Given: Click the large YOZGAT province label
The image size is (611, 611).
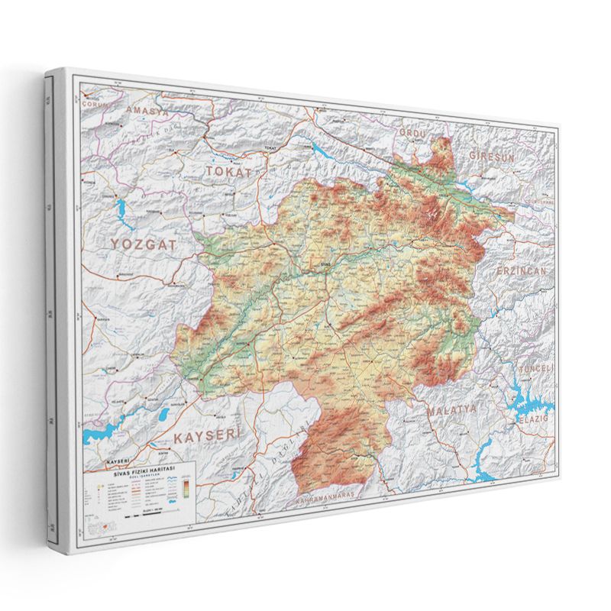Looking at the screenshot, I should [143, 244].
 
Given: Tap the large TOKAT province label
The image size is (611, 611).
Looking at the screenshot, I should [228, 171].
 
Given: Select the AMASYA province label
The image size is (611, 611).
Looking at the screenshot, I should [136, 112].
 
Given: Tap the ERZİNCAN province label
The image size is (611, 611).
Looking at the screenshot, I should [522, 272].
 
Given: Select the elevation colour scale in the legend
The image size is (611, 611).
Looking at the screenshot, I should [186, 487].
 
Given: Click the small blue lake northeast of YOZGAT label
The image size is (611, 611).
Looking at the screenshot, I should [121, 210].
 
